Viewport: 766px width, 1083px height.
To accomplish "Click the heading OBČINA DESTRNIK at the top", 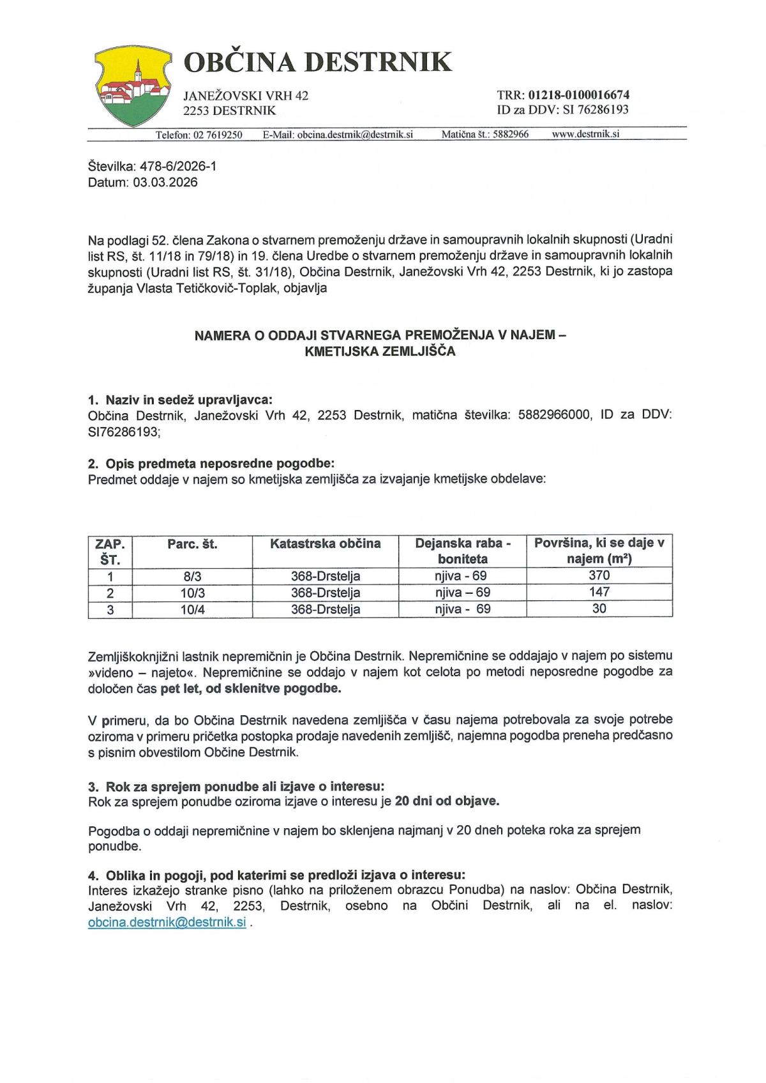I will (317, 62).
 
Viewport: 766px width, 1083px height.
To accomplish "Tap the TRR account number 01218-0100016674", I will (579, 95).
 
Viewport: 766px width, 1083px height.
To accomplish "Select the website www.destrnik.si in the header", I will (585, 134).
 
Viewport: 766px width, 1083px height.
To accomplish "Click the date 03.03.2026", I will (165, 182).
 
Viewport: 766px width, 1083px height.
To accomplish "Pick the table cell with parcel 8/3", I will (192, 575).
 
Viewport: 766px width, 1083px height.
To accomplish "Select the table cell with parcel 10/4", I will (192, 609).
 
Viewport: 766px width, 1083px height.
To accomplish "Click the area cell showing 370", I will (599, 575).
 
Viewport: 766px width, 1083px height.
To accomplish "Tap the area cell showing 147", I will (599, 592).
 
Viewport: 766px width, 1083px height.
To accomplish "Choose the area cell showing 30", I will (599, 609).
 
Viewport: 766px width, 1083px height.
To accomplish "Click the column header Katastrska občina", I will (325, 543).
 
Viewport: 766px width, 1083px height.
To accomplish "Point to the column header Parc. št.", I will (192, 544).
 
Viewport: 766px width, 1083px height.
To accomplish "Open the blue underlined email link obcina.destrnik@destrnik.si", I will (167, 923).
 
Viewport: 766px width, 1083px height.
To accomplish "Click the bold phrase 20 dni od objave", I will (447, 801).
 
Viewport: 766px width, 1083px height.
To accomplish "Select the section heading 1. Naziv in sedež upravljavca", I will (180, 400).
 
